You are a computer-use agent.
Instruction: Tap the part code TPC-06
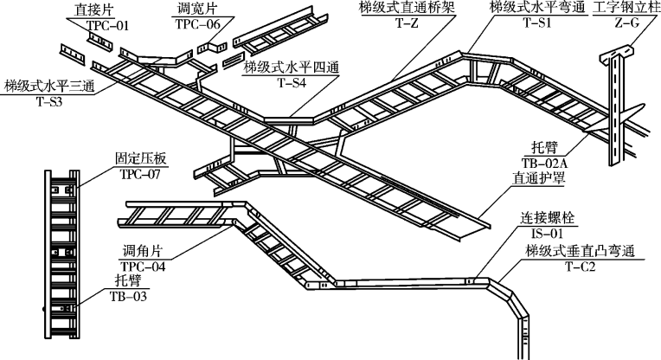click(x=197, y=25)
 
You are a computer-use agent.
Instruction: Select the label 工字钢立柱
click(x=621, y=10)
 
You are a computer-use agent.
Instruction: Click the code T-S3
click(x=48, y=101)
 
